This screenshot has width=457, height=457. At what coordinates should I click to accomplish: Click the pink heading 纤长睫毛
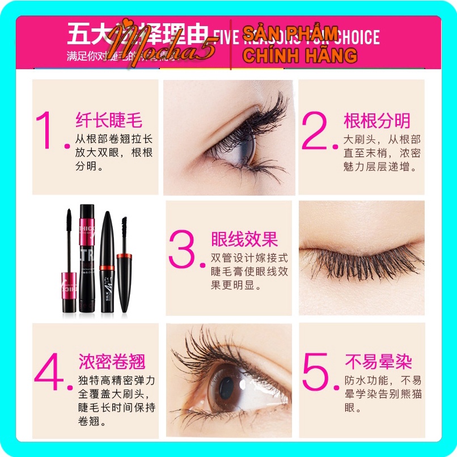(109, 120)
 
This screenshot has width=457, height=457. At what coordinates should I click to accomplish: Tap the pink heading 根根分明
(376, 120)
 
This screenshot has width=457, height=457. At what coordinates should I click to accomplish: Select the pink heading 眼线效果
(244, 239)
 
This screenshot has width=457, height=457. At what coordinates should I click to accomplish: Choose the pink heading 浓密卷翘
(112, 361)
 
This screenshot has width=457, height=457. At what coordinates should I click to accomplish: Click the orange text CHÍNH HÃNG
(299, 55)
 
